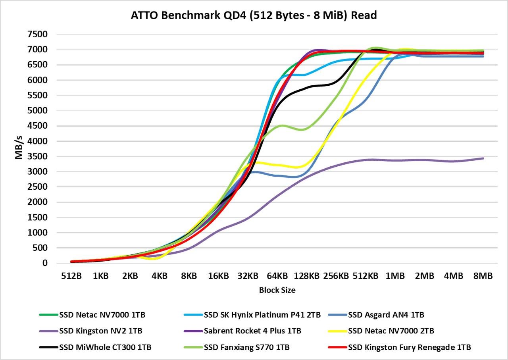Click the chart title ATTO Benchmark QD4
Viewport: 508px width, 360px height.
[x=254, y=15]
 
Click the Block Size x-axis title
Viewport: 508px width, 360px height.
[x=277, y=290]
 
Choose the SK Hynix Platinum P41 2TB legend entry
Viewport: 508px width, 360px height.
[x=252, y=315]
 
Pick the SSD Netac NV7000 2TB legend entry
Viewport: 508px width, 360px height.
[x=391, y=331]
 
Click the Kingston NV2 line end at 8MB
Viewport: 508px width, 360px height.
[x=483, y=158]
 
